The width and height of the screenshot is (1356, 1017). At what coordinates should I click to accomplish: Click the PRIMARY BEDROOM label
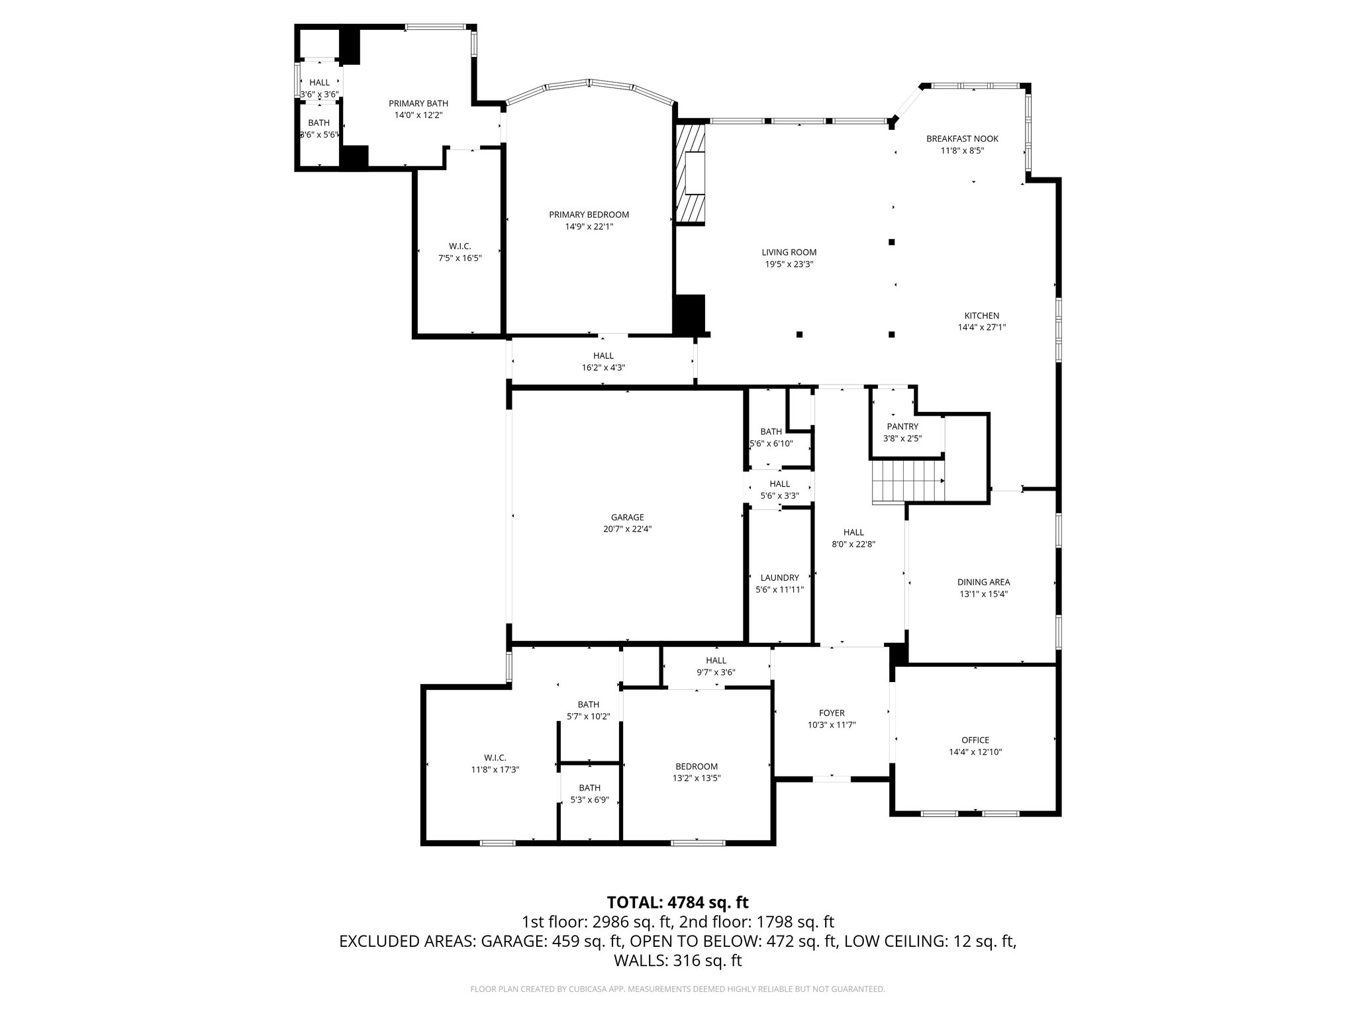(589, 215)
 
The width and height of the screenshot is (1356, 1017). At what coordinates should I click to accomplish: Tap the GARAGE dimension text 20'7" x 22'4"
(627, 529)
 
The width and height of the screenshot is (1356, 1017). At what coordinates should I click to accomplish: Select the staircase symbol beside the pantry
(908, 482)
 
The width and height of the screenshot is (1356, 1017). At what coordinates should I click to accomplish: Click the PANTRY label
(902, 426)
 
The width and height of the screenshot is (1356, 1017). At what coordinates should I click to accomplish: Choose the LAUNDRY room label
(779, 577)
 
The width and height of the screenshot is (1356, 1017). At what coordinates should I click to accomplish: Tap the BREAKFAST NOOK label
(962, 138)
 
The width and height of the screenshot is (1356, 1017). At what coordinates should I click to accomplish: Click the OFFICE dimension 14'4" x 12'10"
(975, 751)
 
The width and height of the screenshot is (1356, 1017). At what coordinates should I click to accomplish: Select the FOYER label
(832, 713)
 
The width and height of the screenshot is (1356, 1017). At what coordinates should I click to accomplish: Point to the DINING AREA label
(983, 582)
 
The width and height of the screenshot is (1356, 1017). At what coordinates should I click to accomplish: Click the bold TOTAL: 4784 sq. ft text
(677, 902)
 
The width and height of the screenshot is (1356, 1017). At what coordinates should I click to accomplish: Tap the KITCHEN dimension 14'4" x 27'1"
(981, 327)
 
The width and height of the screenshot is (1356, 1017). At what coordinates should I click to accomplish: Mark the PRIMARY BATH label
(418, 103)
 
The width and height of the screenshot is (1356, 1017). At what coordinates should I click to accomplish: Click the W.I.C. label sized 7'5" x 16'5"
(459, 246)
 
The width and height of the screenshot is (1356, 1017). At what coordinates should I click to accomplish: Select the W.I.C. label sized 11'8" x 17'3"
(495, 757)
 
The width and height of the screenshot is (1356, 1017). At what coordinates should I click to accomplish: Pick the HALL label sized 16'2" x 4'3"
(603, 356)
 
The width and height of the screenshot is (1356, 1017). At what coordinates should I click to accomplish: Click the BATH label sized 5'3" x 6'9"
(589, 788)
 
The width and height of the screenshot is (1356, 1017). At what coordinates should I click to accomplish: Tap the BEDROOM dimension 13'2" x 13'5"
(697, 778)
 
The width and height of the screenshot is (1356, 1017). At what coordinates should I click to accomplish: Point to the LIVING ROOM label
(789, 252)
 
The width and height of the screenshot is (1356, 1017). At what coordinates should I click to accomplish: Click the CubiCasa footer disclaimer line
(677, 989)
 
